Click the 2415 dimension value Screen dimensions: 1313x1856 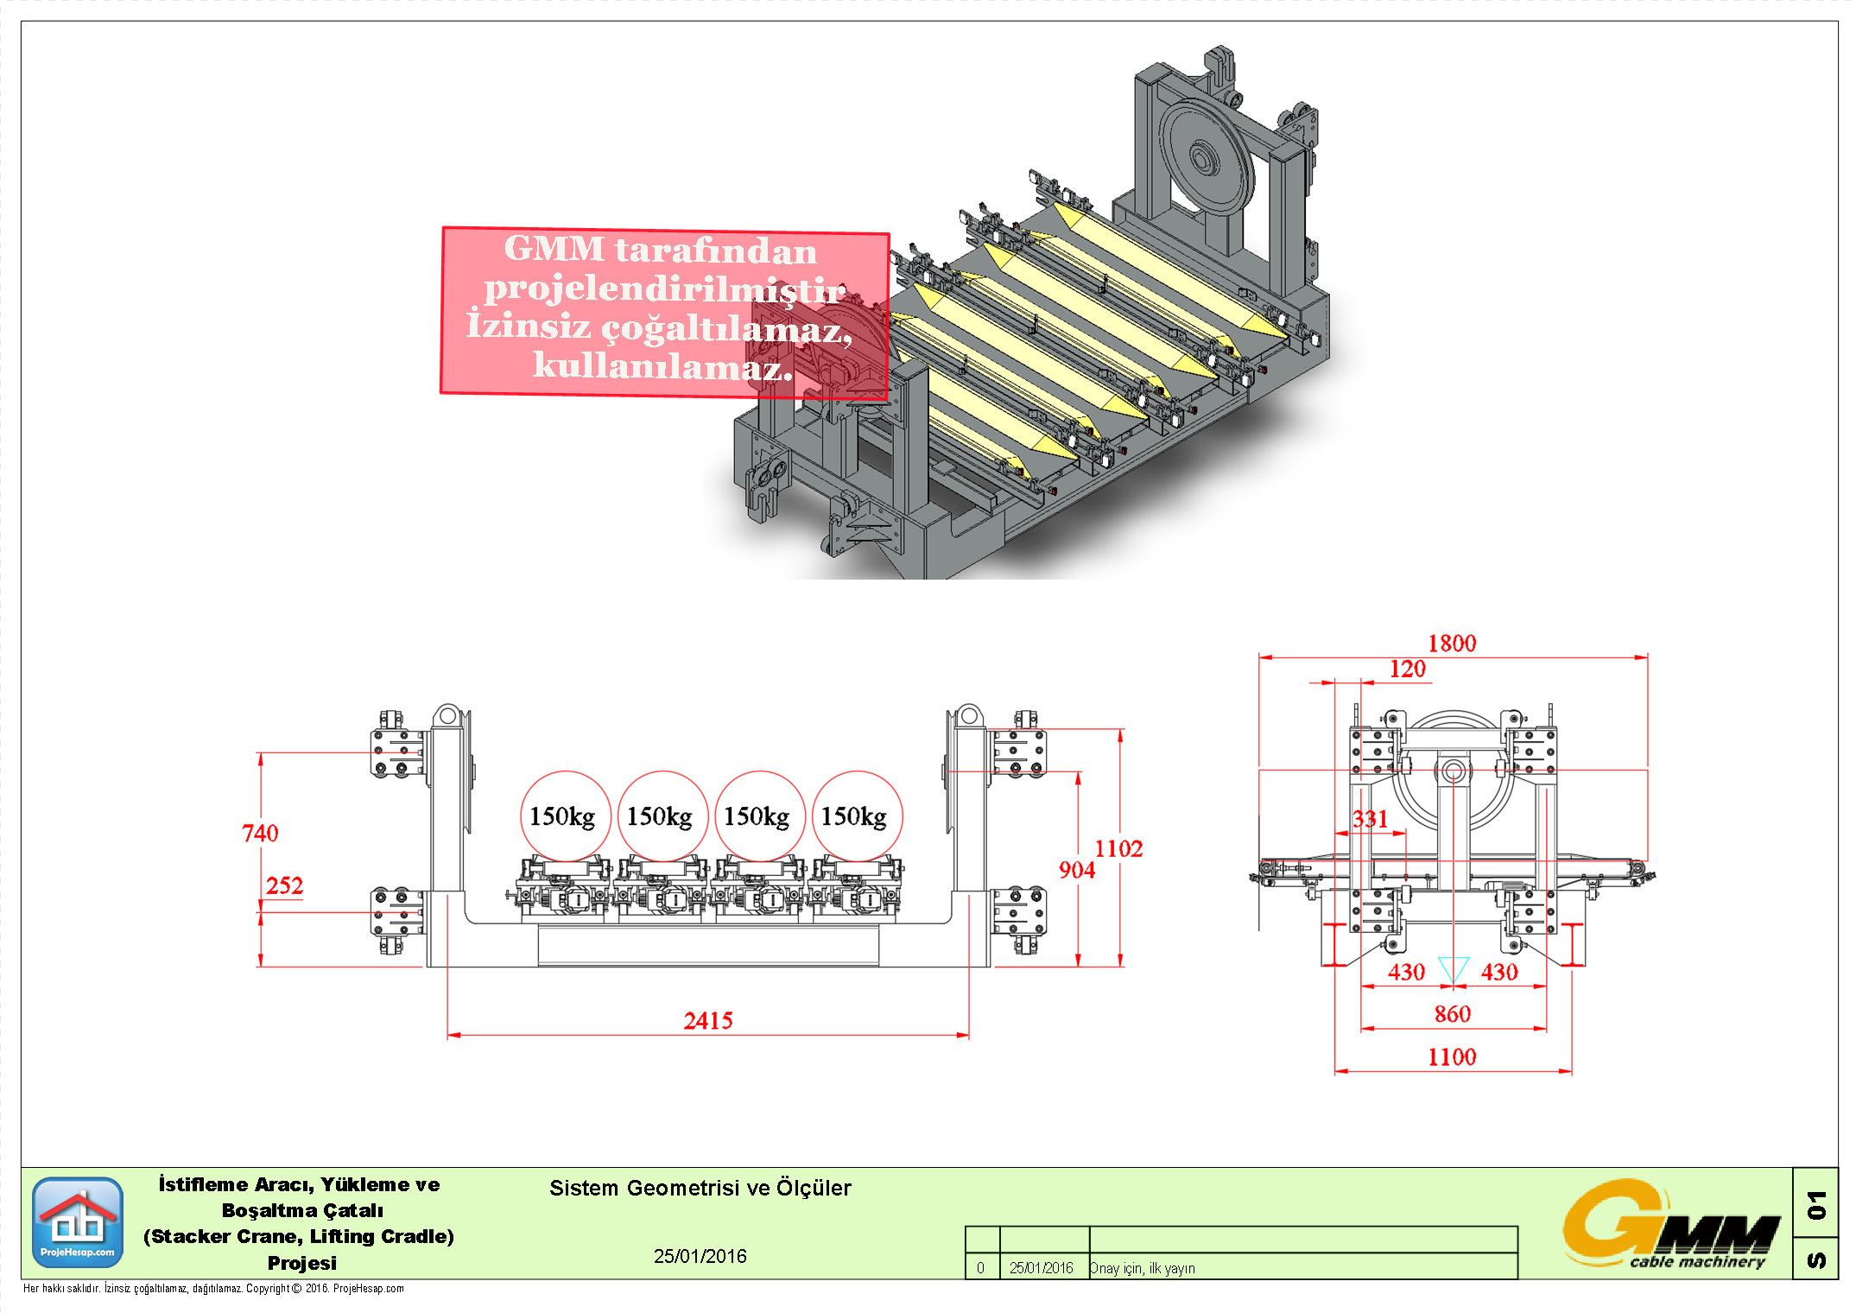point(708,1021)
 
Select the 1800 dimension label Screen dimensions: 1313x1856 point(1452,644)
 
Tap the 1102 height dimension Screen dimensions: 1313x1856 point(1118,849)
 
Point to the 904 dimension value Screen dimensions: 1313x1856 point(1077,871)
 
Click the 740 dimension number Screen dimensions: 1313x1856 point(260,834)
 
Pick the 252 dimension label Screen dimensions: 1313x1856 point(284,886)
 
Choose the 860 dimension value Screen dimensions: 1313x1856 point(1453,1014)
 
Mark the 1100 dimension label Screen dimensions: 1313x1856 point(1452,1057)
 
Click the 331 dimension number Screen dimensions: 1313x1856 point(1370,819)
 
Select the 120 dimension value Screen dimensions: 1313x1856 point(1408,669)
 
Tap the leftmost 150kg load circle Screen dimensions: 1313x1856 point(565,816)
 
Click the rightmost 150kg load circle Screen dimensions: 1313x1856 point(857,816)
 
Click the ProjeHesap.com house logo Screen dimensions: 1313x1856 point(78,1222)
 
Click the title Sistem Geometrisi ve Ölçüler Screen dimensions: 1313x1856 point(700,1189)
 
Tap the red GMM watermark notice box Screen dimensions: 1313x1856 point(665,312)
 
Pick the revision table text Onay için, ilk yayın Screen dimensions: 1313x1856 point(1142,1268)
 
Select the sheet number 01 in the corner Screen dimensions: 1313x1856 point(1816,1204)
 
